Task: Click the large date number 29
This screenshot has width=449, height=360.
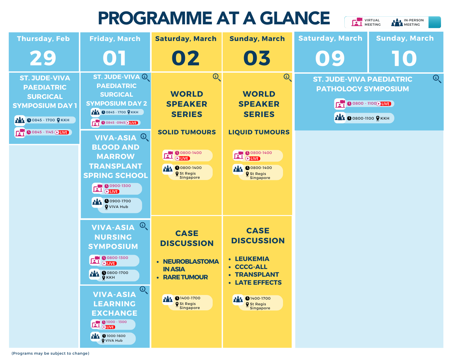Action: click(43, 58)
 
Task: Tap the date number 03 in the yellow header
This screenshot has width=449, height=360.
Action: click(257, 58)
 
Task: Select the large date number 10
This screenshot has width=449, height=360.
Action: click(404, 58)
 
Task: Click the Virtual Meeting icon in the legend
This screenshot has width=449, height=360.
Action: click(357, 22)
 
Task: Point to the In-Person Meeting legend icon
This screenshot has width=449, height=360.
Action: click(397, 22)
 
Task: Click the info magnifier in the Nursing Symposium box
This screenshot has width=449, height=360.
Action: click(144, 226)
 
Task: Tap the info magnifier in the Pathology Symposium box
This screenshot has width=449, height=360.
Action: click(437, 79)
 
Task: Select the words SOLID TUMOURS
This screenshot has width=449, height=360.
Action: click(187, 132)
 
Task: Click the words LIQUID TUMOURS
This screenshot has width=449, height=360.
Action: click(259, 132)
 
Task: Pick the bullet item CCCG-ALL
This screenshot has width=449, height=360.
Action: click(251, 267)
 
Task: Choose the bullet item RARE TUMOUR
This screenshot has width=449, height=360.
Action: click(185, 277)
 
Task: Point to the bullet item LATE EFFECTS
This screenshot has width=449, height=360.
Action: click(258, 282)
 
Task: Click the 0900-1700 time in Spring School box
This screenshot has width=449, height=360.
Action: click(120, 201)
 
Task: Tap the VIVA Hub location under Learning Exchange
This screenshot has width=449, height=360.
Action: click(114, 340)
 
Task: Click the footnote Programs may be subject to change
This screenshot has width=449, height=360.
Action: click(50, 353)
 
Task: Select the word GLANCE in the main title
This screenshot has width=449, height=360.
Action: click(295, 18)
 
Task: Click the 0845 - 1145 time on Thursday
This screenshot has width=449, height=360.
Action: click(43, 132)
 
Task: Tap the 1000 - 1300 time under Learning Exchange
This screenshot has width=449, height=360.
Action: click(116, 322)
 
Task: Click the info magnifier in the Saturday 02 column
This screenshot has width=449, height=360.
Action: click(217, 77)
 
